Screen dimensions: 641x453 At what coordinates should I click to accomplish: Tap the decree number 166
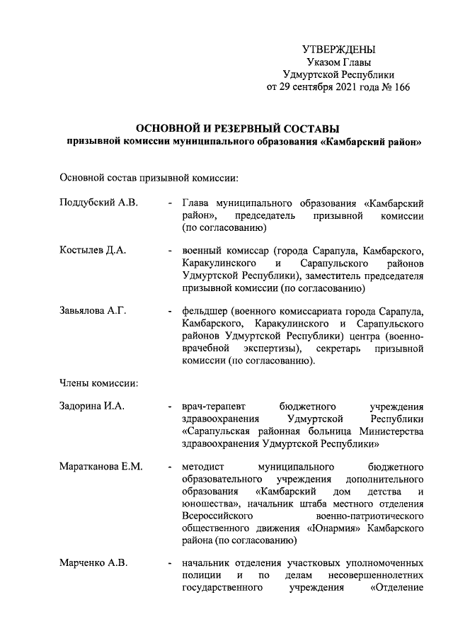[x=401, y=87]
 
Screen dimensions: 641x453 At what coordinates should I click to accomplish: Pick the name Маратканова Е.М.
[x=101, y=467]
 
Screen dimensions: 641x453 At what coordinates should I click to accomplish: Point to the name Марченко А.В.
[x=93, y=563]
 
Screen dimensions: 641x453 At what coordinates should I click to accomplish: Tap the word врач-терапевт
[x=212, y=407]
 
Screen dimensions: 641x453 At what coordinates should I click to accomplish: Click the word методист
[x=202, y=467]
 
